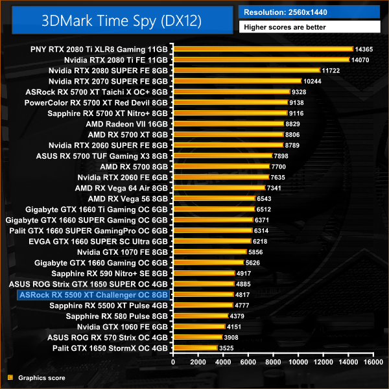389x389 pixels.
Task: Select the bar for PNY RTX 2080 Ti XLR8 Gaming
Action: [262, 49]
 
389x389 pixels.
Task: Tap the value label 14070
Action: [360, 60]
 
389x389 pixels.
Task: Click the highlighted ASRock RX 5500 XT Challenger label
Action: [94, 294]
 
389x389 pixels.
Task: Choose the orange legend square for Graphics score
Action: [10, 377]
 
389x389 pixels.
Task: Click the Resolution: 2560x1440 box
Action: [310, 12]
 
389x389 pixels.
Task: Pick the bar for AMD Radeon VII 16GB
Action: [227, 123]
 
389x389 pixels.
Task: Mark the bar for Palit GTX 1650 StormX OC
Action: [194, 348]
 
